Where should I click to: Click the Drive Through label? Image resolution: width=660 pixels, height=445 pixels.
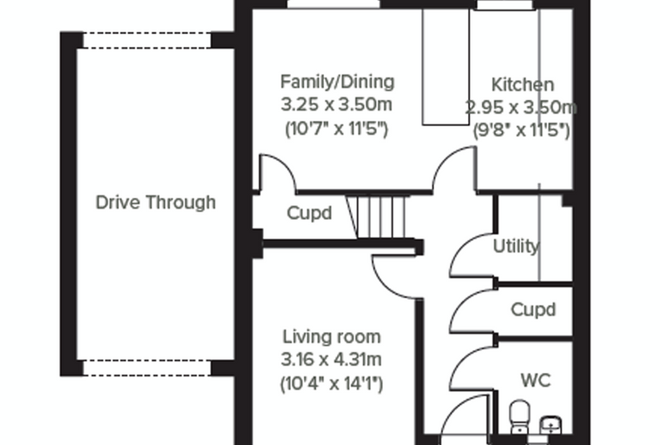pyautogui.click(x=155, y=203)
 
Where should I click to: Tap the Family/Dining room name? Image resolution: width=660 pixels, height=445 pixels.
pyautogui.click(x=338, y=82)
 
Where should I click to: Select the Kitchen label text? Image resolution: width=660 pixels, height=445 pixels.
pyautogui.click(x=523, y=84)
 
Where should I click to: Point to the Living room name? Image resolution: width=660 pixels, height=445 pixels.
pyautogui.click(x=332, y=336)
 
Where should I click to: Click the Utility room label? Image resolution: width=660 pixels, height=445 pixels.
pyautogui.click(x=516, y=246)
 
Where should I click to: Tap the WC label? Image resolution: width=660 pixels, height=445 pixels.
pyautogui.click(x=536, y=381)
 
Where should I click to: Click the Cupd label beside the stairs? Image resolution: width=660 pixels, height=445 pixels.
pyautogui.click(x=309, y=213)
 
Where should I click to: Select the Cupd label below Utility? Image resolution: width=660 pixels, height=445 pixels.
pyautogui.click(x=533, y=309)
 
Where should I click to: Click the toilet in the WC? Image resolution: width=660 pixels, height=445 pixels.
pyautogui.click(x=520, y=416)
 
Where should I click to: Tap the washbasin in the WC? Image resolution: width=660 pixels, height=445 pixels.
pyautogui.click(x=551, y=425)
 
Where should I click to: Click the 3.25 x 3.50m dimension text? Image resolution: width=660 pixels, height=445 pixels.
pyautogui.click(x=337, y=104)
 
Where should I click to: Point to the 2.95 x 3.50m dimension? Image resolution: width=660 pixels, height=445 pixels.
pyautogui.click(x=521, y=108)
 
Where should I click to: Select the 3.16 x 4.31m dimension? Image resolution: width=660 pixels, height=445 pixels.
pyautogui.click(x=331, y=360)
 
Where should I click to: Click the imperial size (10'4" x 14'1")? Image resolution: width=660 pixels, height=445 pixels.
pyautogui.click(x=332, y=383)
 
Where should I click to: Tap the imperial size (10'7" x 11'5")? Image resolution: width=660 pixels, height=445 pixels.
pyautogui.click(x=337, y=128)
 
